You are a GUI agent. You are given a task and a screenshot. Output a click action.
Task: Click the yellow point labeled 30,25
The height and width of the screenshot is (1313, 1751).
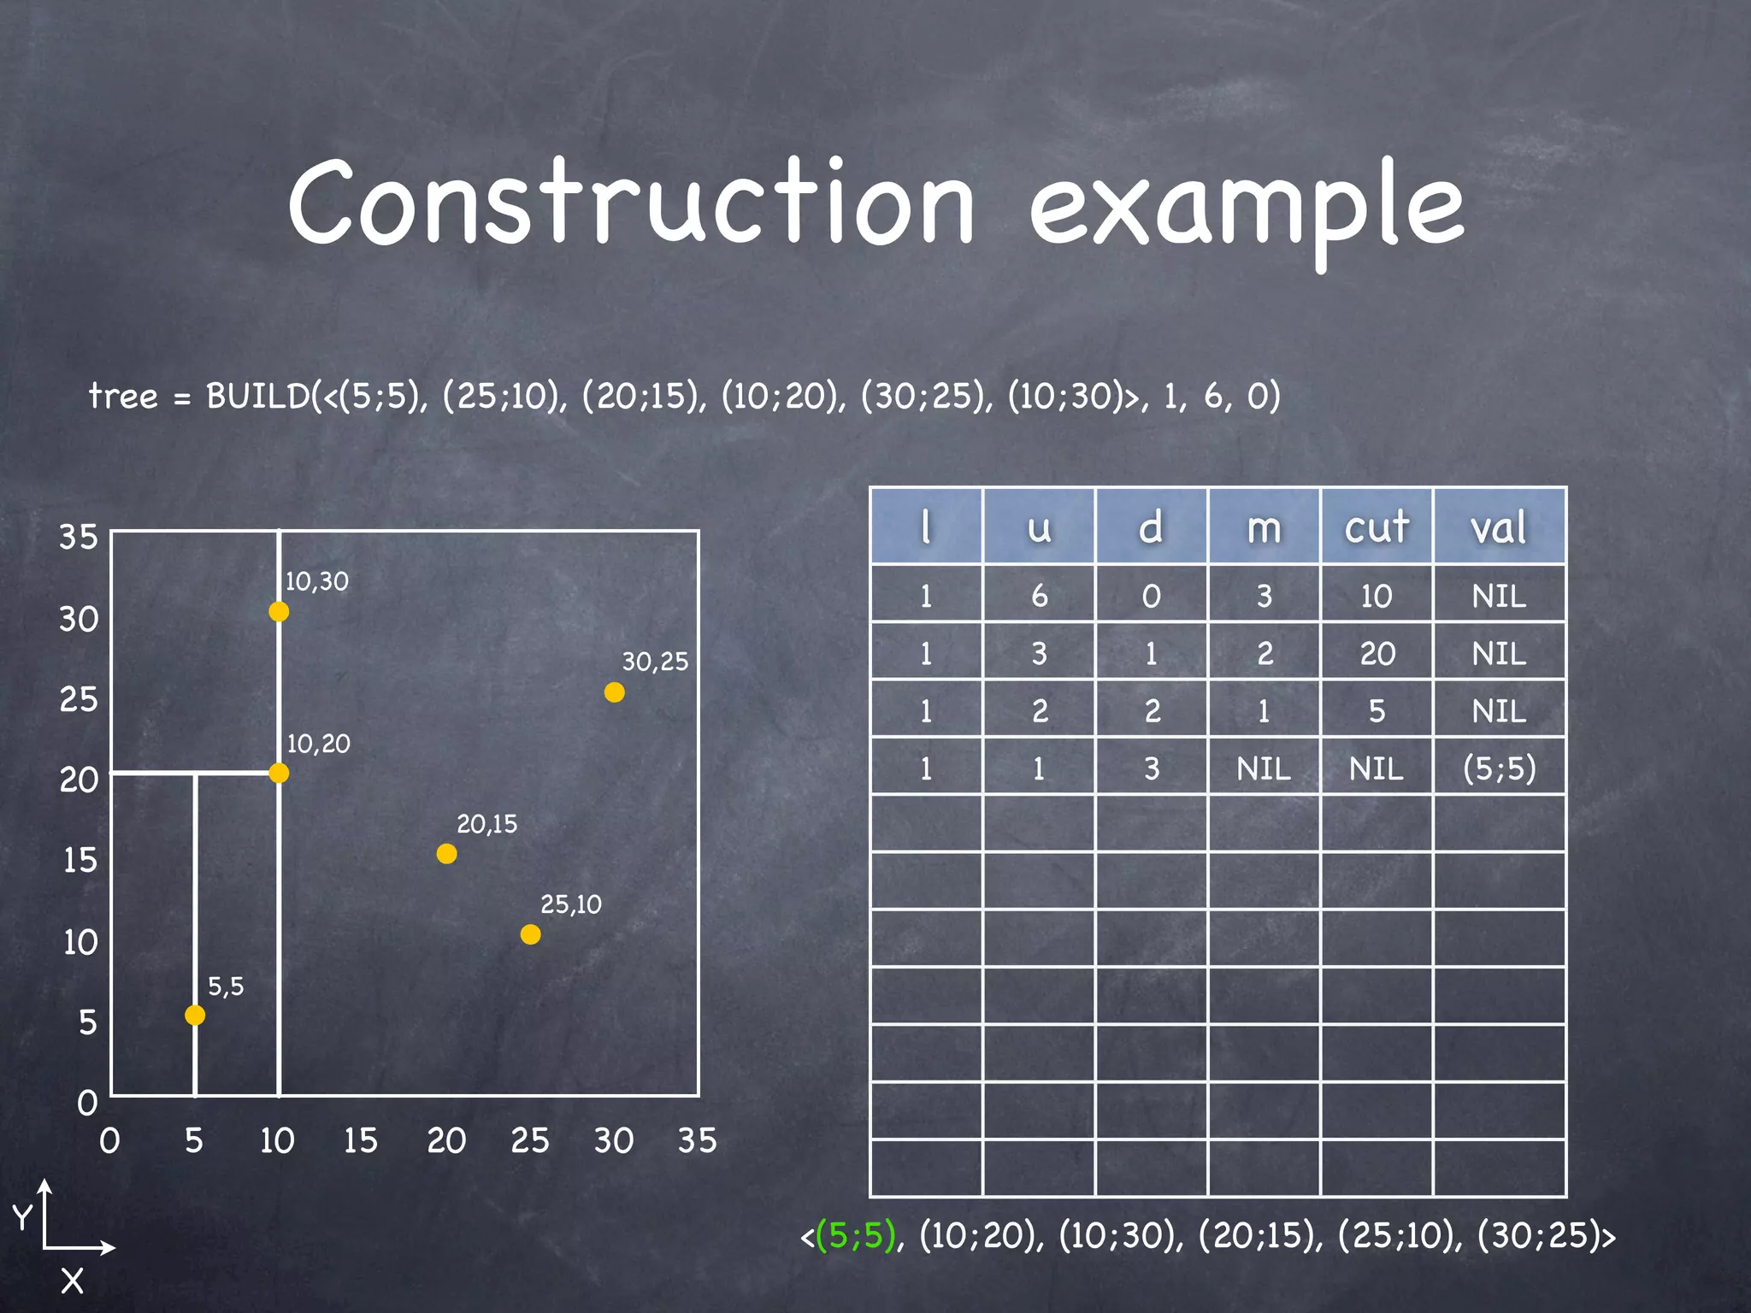[x=614, y=692]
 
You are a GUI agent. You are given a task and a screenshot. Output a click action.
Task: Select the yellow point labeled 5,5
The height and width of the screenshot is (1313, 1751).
[x=195, y=1015]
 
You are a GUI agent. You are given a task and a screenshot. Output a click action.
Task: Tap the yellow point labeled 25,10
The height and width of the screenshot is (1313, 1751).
[x=530, y=934]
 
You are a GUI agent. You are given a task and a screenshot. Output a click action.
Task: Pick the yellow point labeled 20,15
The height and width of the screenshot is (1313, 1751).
[x=446, y=853]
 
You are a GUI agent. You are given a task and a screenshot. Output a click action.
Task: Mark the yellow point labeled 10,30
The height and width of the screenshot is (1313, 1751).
[x=279, y=611]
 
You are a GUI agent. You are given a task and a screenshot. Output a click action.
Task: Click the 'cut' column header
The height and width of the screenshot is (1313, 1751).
[x=1376, y=527]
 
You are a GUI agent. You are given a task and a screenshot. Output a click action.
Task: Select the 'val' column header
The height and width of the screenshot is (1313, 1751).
[x=1498, y=527]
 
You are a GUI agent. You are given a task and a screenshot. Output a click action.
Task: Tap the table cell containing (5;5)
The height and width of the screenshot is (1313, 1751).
[x=1499, y=768]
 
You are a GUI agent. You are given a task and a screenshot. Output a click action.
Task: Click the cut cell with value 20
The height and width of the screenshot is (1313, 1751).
[x=1377, y=654]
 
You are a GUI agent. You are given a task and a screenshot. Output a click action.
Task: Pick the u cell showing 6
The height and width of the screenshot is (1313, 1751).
[x=1039, y=596]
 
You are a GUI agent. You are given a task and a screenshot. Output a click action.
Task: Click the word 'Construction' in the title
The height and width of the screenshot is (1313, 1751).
[x=631, y=203]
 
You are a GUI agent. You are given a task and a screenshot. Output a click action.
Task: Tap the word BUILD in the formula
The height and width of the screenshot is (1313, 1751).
[x=258, y=397]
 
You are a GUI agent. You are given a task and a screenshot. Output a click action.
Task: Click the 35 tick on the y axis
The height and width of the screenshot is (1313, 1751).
[x=79, y=537]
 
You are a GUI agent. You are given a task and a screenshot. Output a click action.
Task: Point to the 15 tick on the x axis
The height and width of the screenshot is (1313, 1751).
[x=360, y=1140]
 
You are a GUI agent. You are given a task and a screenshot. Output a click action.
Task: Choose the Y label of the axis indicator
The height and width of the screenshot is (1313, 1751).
[x=22, y=1216]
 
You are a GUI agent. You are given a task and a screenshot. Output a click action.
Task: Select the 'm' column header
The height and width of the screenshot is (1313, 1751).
[x=1264, y=527]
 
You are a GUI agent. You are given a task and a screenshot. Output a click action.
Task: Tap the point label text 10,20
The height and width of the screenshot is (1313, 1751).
[x=318, y=744]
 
